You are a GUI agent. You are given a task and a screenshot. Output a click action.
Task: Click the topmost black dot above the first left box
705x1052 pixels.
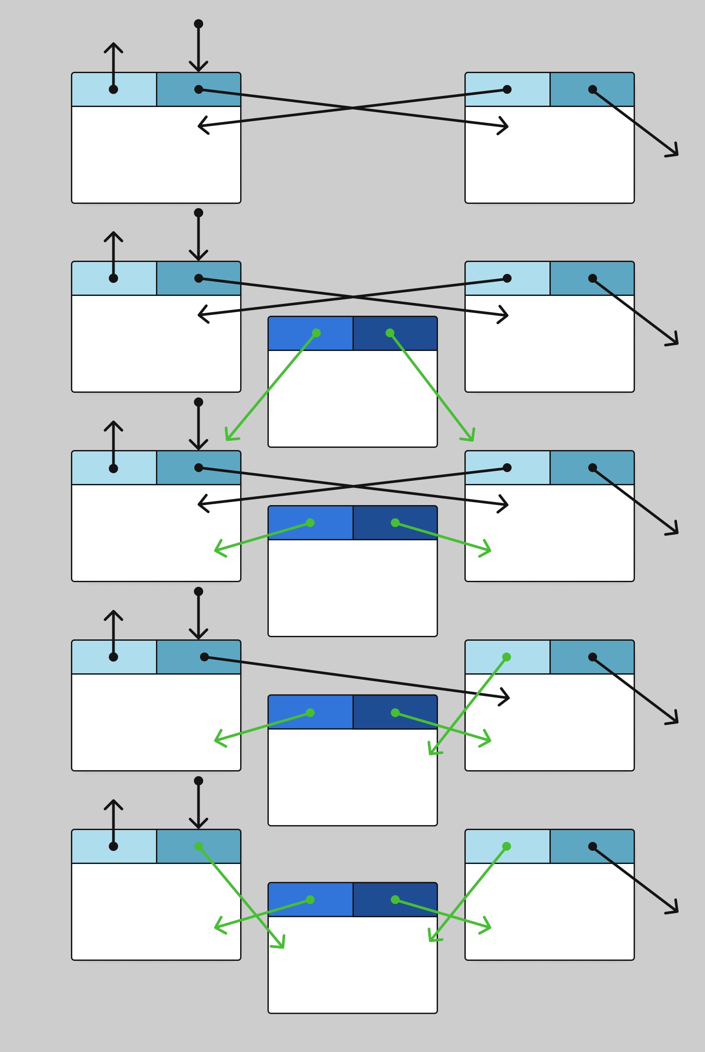pos(198,24)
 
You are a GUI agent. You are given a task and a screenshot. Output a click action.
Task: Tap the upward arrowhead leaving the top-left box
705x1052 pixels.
pos(113,44)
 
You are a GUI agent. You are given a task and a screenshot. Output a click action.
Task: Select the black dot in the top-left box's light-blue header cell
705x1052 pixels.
pos(113,89)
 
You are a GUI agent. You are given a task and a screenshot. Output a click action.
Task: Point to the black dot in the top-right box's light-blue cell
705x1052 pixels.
pos(507,89)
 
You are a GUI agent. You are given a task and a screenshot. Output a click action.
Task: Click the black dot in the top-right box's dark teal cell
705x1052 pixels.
pos(593,89)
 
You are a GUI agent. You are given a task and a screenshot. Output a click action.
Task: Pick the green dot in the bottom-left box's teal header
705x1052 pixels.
pos(198,846)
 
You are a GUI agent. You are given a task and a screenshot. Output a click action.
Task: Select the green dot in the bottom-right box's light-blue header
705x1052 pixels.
pos(506,846)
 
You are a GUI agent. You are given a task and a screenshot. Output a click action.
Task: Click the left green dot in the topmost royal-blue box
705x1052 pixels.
pos(316,333)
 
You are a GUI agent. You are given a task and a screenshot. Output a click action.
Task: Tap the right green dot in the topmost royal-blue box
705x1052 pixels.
pos(390,333)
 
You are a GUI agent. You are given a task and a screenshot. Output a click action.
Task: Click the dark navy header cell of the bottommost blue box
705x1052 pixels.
pos(395,899)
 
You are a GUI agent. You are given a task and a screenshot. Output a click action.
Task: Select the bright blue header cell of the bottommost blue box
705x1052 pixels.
pos(310,899)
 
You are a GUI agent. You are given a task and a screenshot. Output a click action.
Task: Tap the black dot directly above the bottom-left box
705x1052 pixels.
pos(198,781)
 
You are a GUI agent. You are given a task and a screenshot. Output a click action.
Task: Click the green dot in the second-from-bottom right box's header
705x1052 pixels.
pos(506,657)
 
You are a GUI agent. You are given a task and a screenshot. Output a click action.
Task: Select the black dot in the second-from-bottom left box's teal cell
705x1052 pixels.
pos(204,657)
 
